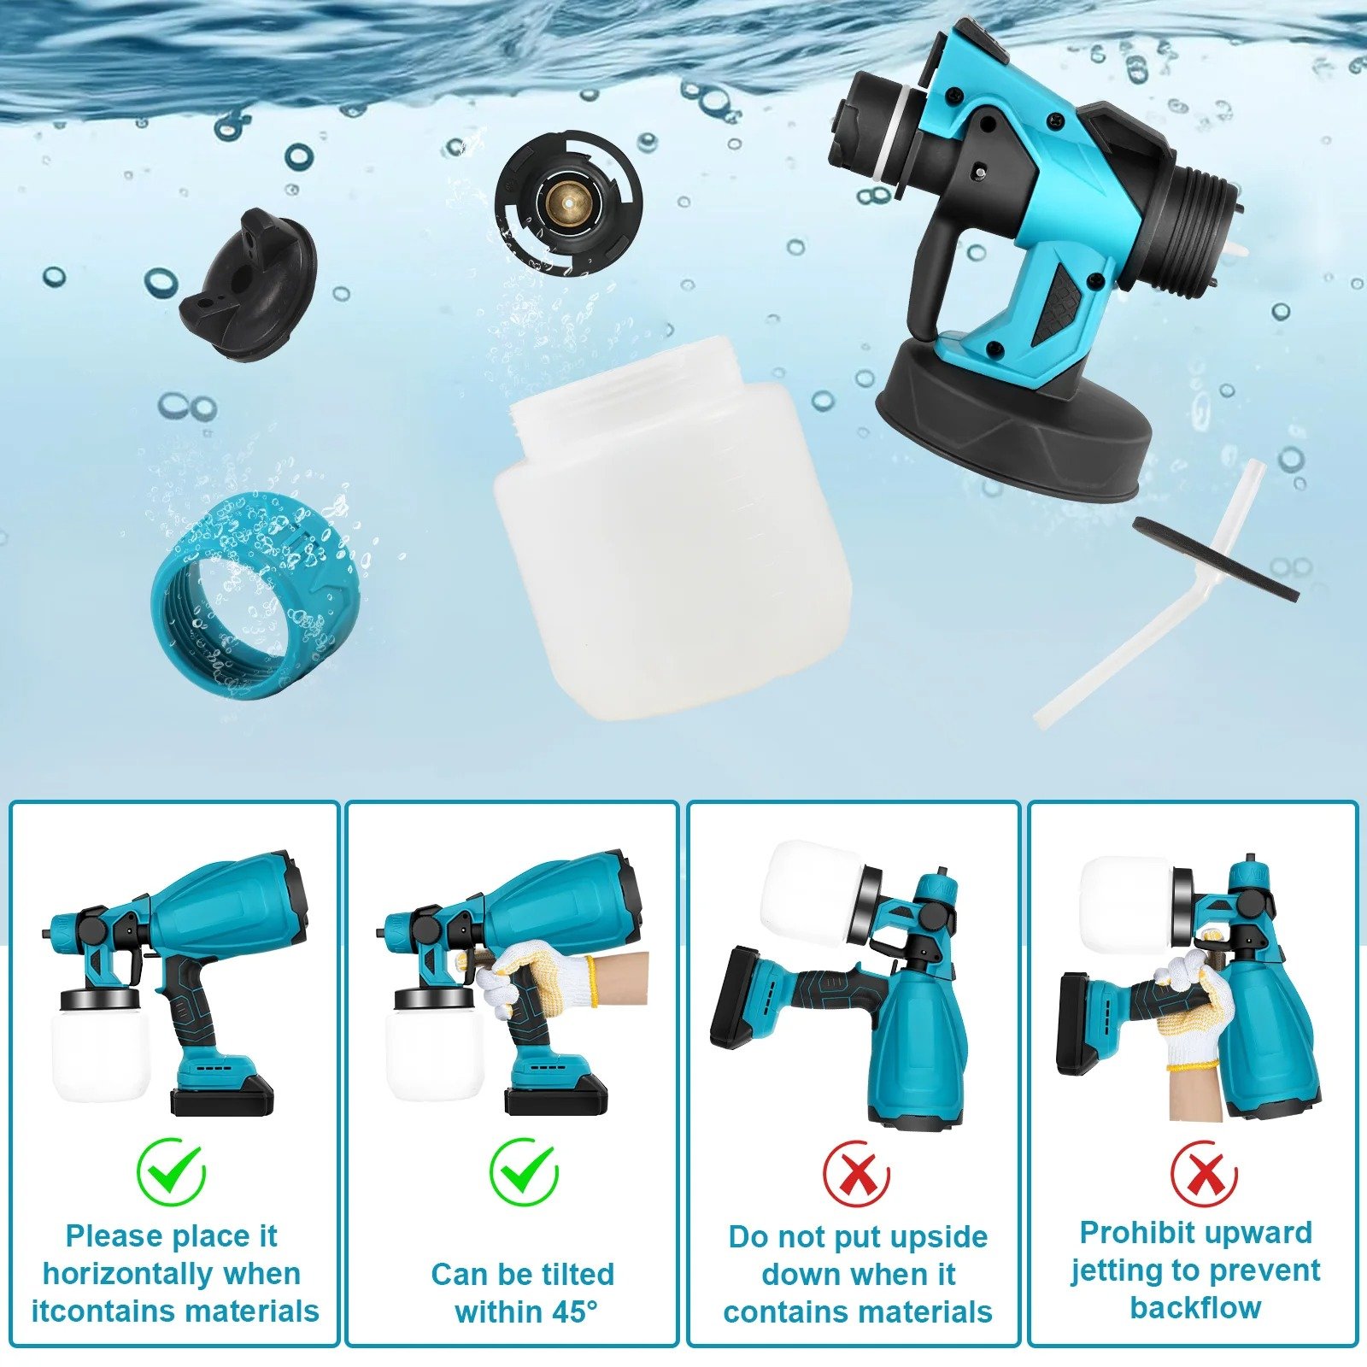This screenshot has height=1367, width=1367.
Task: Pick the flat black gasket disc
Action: coord(1216,559)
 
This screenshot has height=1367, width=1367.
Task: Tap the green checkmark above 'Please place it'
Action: coord(172,1170)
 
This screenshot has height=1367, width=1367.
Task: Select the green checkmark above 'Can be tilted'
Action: coord(523,1170)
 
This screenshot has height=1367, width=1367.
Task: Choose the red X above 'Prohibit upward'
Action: coord(1203,1174)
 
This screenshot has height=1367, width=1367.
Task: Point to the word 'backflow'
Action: coord(1195,1307)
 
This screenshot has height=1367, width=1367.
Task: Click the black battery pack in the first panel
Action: coord(222,1095)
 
